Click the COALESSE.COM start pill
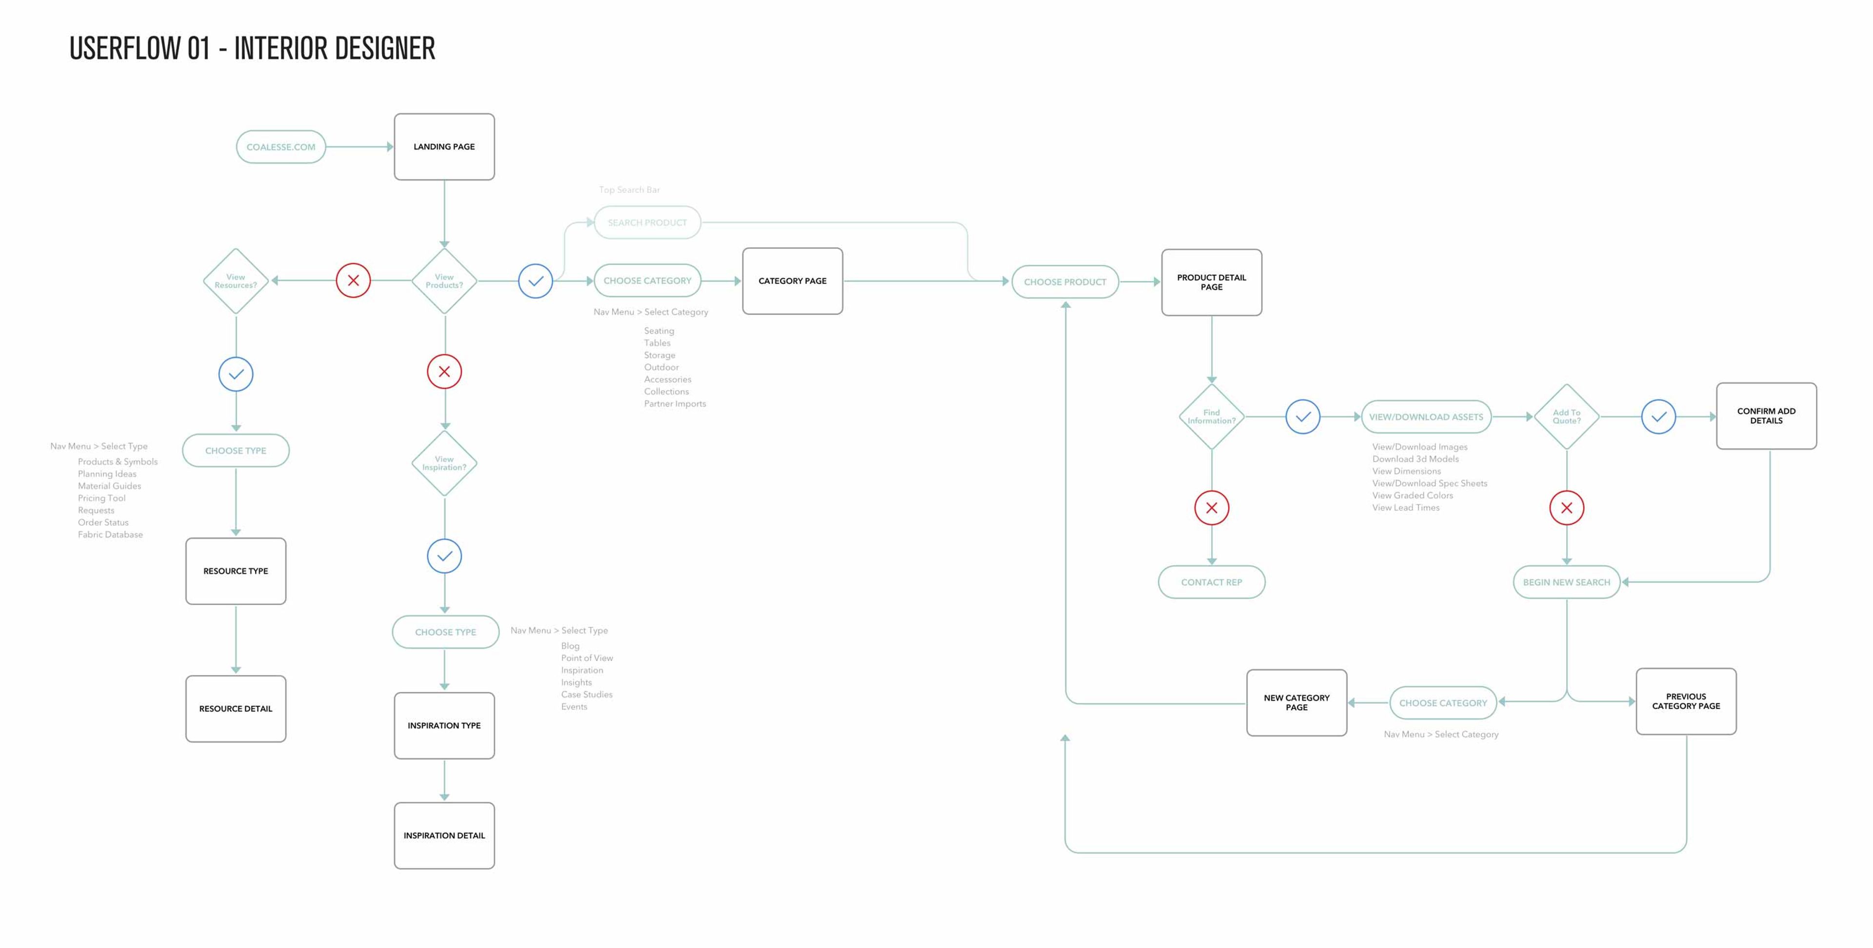(x=280, y=147)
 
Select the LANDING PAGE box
(x=444, y=147)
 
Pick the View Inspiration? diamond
(x=444, y=463)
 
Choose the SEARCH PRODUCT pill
(x=647, y=222)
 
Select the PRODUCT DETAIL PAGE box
(x=1211, y=282)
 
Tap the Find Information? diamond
(x=1211, y=416)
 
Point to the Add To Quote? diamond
(x=1566, y=416)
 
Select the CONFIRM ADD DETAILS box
(x=1766, y=416)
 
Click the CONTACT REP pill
(x=1211, y=582)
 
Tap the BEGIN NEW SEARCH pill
(x=1566, y=582)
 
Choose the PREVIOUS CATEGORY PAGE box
(x=1686, y=702)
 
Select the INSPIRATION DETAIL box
(x=444, y=836)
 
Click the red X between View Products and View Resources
(x=353, y=280)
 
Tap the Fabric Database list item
(x=111, y=535)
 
